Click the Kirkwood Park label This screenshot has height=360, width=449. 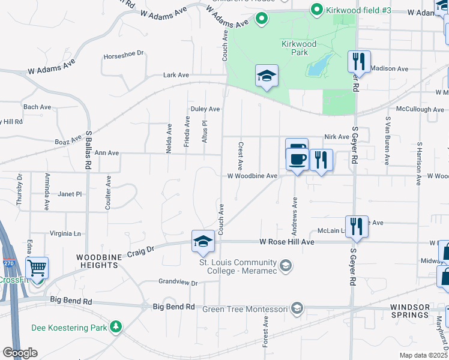click(294, 48)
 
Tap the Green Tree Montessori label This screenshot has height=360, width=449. click(245, 309)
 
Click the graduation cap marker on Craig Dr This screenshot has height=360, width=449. click(203, 241)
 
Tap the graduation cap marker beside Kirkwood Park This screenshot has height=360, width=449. click(267, 76)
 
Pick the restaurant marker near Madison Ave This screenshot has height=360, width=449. click(359, 62)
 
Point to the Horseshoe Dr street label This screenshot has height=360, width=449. click(124, 53)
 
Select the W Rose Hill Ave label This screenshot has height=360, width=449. click(287, 242)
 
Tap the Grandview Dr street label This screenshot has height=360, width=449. click(178, 281)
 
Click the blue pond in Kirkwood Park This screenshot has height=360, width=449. click(318, 65)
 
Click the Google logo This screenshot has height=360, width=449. click(20, 353)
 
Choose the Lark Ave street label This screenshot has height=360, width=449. click(176, 75)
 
